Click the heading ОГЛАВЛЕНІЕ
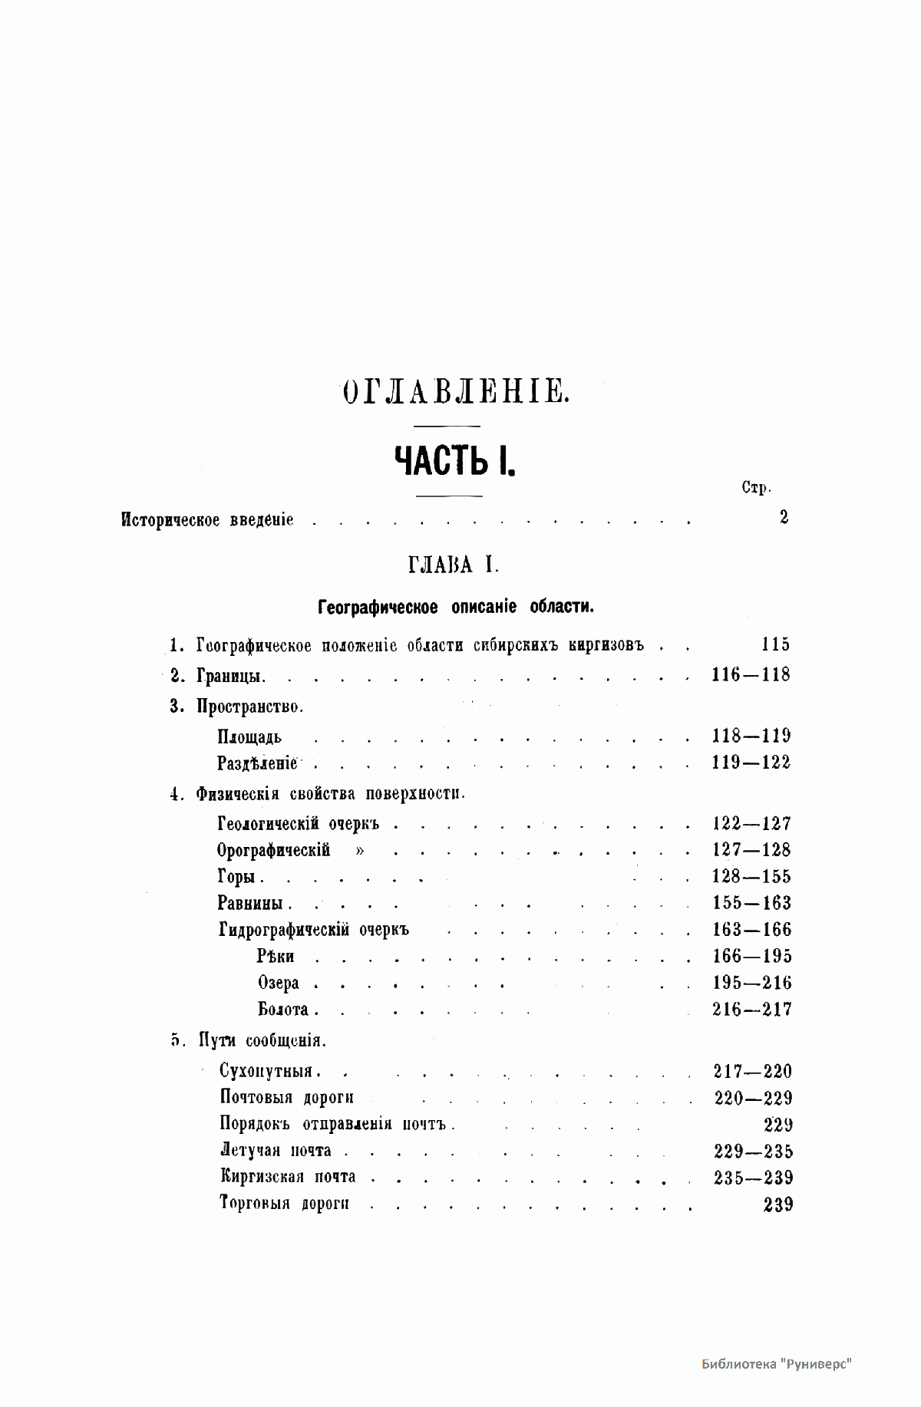coord(454,392)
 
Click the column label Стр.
coord(757,488)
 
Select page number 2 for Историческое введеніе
coord(784,517)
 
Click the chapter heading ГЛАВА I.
coord(454,566)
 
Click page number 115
coord(771,644)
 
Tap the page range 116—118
coord(751,675)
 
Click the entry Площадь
coord(249,737)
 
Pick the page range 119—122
coord(751,763)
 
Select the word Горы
coord(240,877)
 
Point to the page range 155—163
coord(751,903)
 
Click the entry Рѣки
coord(276,956)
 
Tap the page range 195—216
coord(751,983)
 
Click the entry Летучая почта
coord(275,1151)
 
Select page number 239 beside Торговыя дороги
coord(778,1204)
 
